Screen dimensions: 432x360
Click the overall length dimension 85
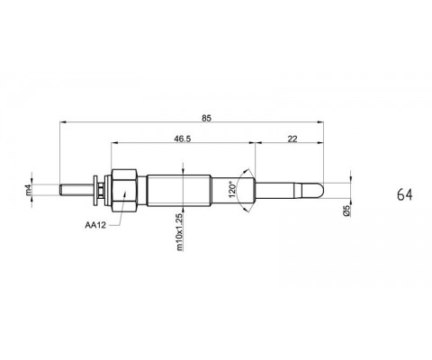coord(206,118)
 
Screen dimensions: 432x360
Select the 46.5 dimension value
coord(183,139)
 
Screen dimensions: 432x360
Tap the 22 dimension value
coord(292,139)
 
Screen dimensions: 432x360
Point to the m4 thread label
coord(29,190)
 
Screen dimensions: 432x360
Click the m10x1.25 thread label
coord(179,232)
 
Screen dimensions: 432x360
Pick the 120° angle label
coord(232,189)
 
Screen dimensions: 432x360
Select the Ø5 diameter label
coord(346,211)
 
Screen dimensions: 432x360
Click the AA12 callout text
coord(95,225)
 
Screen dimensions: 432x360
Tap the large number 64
coord(405,194)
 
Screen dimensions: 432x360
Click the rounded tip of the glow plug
coord(321,190)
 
